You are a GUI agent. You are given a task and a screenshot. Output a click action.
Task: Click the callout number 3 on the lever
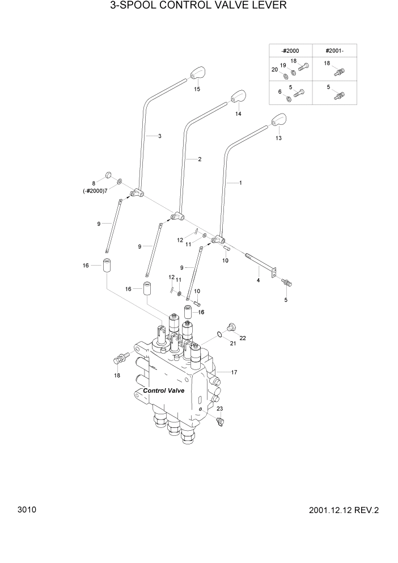[160, 136]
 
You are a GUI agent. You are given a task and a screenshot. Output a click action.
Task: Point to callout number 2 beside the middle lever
[200, 159]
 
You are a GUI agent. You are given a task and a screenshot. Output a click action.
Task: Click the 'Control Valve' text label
[164, 390]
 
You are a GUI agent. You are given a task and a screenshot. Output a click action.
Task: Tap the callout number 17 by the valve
[234, 372]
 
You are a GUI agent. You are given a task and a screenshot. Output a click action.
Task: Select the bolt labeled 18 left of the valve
[120, 359]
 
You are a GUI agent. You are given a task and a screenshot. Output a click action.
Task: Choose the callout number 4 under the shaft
[258, 280]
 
